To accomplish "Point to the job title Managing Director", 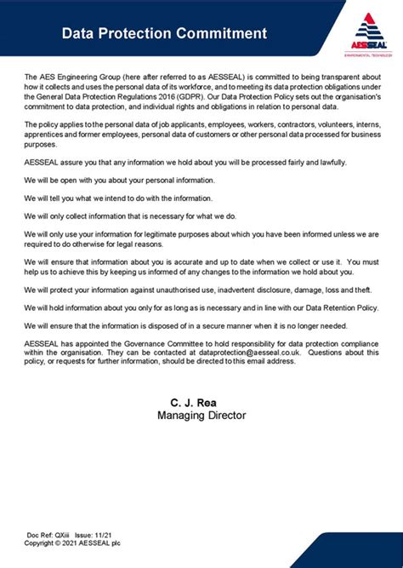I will [x=201, y=416].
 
